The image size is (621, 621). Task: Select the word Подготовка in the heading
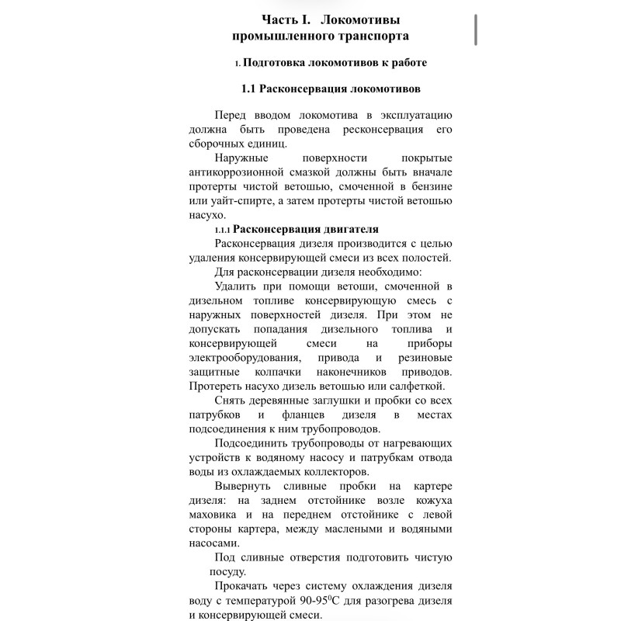[276, 62]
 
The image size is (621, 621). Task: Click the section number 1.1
[249, 88]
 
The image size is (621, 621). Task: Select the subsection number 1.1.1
[222, 229]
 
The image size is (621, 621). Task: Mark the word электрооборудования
[244, 357]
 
